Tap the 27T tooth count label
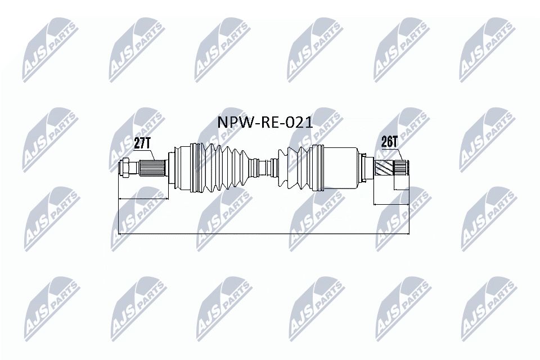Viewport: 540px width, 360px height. click(143, 143)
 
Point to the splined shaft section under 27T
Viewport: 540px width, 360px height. click(153, 166)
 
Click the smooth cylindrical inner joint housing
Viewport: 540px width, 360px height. click(340, 166)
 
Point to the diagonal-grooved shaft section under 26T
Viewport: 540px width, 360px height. click(384, 167)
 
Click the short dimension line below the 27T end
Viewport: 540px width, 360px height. click(143, 199)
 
